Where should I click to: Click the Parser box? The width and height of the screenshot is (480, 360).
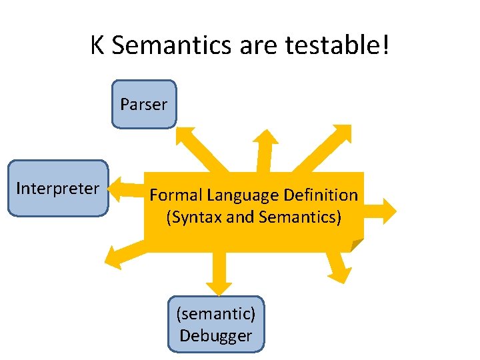(x=143, y=104)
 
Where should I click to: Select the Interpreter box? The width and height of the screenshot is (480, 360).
(x=57, y=189)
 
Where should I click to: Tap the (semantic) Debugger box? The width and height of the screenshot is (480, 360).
(x=215, y=324)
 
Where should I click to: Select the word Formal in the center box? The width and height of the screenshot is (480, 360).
(x=175, y=195)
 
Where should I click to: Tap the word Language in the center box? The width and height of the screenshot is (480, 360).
(x=243, y=195)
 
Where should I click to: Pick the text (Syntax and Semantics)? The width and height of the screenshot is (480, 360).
(x=253, y=217)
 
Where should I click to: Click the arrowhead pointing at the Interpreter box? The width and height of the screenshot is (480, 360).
(x=117, y=188)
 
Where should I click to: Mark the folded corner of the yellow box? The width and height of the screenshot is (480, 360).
(x=357, y=245)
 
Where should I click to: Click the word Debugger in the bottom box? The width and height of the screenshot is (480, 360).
(x=215, y=335)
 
